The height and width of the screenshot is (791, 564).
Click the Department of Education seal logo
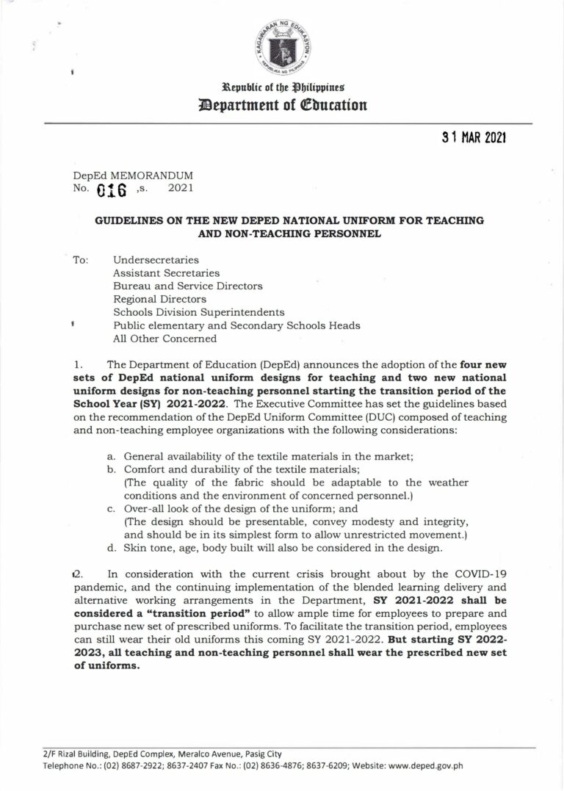[282, 44]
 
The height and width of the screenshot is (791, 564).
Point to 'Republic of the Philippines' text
[282, 87]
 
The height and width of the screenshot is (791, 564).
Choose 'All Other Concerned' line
[165, 339]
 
